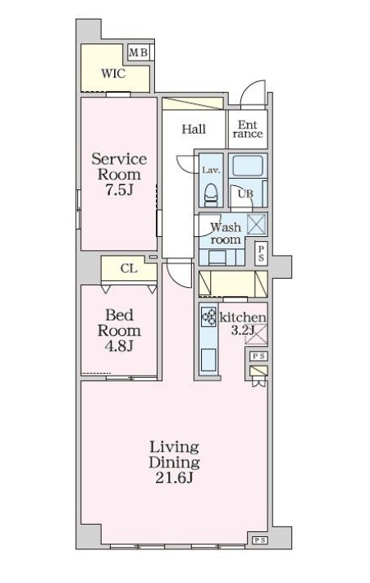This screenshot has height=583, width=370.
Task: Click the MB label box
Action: [139, 52]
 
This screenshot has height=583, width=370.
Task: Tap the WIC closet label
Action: [113, 73]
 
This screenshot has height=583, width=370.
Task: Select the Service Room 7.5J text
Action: [119, 174]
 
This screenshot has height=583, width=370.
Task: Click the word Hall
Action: [194, 129]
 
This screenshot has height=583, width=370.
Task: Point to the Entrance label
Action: [247, 129]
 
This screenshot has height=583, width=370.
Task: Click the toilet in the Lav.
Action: [211, 194]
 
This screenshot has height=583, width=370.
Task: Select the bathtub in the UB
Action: [247, 166]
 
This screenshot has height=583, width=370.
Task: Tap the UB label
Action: [245, 194]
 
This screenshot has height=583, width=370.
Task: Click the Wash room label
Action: [226, 233]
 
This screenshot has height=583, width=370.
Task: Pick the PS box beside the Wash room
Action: [261, 253]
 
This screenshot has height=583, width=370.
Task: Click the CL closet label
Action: [129, 268]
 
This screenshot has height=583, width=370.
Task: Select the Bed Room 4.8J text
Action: [119, 330]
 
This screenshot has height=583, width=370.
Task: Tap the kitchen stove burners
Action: [208, 317]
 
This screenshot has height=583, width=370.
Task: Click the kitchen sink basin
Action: [208, 360]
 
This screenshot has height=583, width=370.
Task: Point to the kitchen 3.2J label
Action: [243, 323]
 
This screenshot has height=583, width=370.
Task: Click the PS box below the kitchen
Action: [258, 356]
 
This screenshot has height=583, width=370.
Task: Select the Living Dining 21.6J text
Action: [174, 462]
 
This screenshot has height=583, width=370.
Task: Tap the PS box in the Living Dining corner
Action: [258, 540]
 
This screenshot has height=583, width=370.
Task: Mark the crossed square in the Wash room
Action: [257, 224]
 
